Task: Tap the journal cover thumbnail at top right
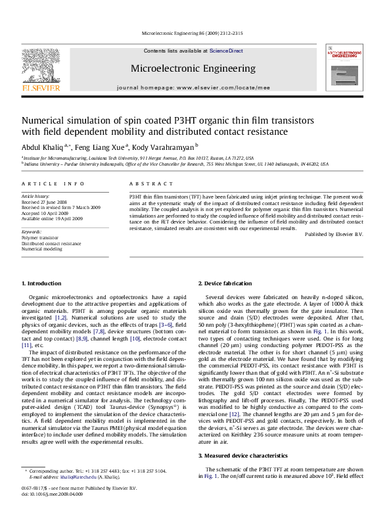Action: click(344, 67)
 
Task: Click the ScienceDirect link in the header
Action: click(226, 51)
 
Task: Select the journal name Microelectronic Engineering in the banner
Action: click(193, 68)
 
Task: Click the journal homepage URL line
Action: click(193, 87)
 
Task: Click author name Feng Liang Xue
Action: click(100, 147)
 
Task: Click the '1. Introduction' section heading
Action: click(42, 302)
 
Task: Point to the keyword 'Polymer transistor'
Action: click(41, 238)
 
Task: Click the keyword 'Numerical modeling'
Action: click(41, 249)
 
